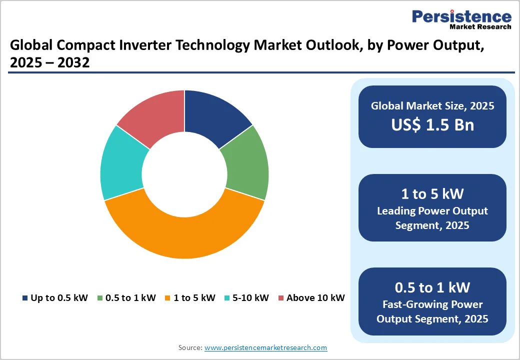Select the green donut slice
click(244, 164)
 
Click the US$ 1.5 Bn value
click(432, 124)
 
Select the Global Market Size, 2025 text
click(432, 105)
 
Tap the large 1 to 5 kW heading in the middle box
click(432, 193)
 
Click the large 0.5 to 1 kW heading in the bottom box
click(432, 287)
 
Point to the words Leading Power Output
click(432, 211)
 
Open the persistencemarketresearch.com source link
click(265, 347)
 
